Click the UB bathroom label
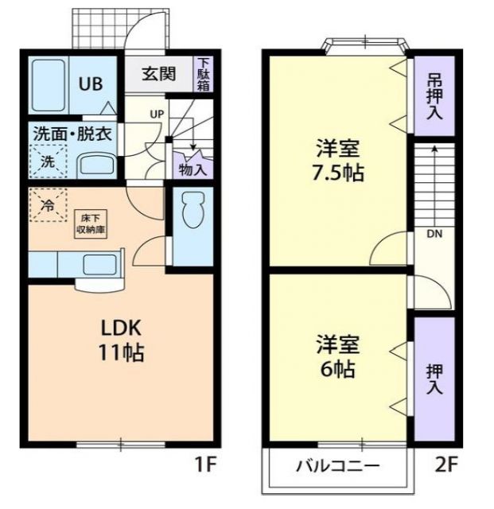pyautogui.click(x=89, y=84)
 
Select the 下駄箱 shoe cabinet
pyautogui.click(x=204, y=73)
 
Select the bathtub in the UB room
pyautogui.click(x=49, y=84)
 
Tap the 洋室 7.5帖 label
pyautogui.click(x=338, y=160)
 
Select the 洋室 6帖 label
pyautogui.click(x=338, y=357)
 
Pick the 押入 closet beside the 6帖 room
pyautogui.click(x=434, y=378)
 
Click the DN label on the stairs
pyautogui.click(x=434, y=234)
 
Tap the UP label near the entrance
pyautogui.click(x=157, y=114)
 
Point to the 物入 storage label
pyautogui.click(x=192, y=169)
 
